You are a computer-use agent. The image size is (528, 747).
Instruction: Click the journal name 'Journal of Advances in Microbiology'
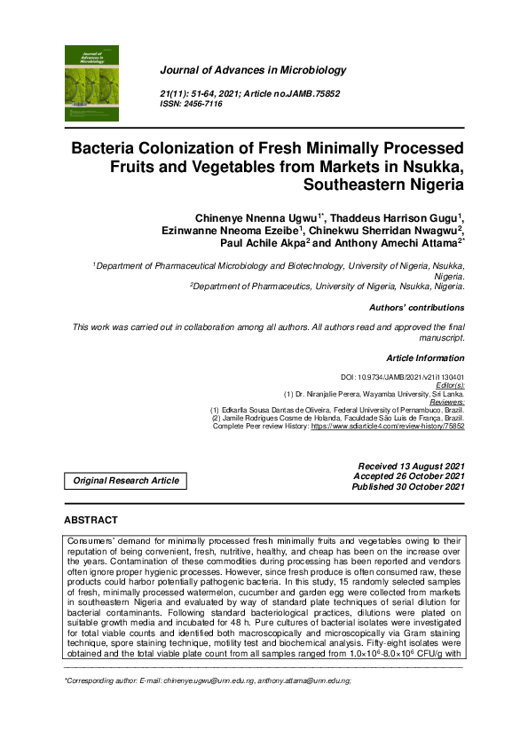coord(252,70)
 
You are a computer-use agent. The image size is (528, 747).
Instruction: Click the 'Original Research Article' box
coord(125,481)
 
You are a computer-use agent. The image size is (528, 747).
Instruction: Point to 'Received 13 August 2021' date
coord(411,466)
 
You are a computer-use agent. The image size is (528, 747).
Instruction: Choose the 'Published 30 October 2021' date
coord(408,487)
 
